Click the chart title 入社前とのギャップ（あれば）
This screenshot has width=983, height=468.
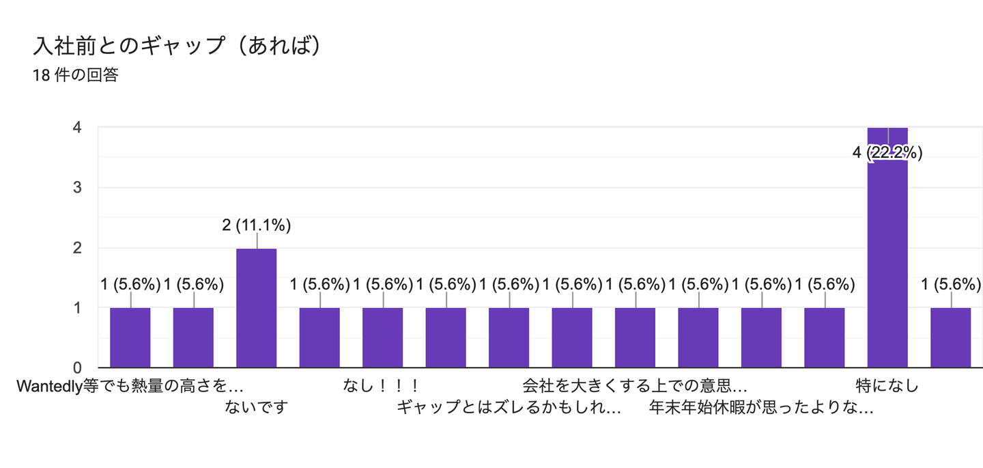pyautogui.click(x=177, y=46)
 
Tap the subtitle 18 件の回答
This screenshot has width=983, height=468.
pyautogui.click(x=75, y=75)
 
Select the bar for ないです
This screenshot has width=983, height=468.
pyautogui.click(x=256, y=308)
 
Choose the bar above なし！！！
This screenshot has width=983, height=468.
pyautogui.click(x=382, y=338)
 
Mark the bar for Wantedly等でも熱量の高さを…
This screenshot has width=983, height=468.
pyautogui.click(x=130, y=338)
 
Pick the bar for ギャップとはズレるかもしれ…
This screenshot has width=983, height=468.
pyautogui.click(x=509, y=338)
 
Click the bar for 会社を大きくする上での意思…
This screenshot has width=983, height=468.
pyautogui.click(x=635, y=338)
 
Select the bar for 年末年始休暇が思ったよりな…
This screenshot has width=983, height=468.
pyautogui.click(x=761, y=338)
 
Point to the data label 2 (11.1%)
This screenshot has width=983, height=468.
pyautogui.click(x=257, y=225)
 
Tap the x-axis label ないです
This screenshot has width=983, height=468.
pyautogui.click(x=256, y=408)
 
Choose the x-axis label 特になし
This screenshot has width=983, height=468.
pyautogui.click(x=887, y=386)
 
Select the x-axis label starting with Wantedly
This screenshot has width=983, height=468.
pyautogui.click(x=130, y=386)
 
